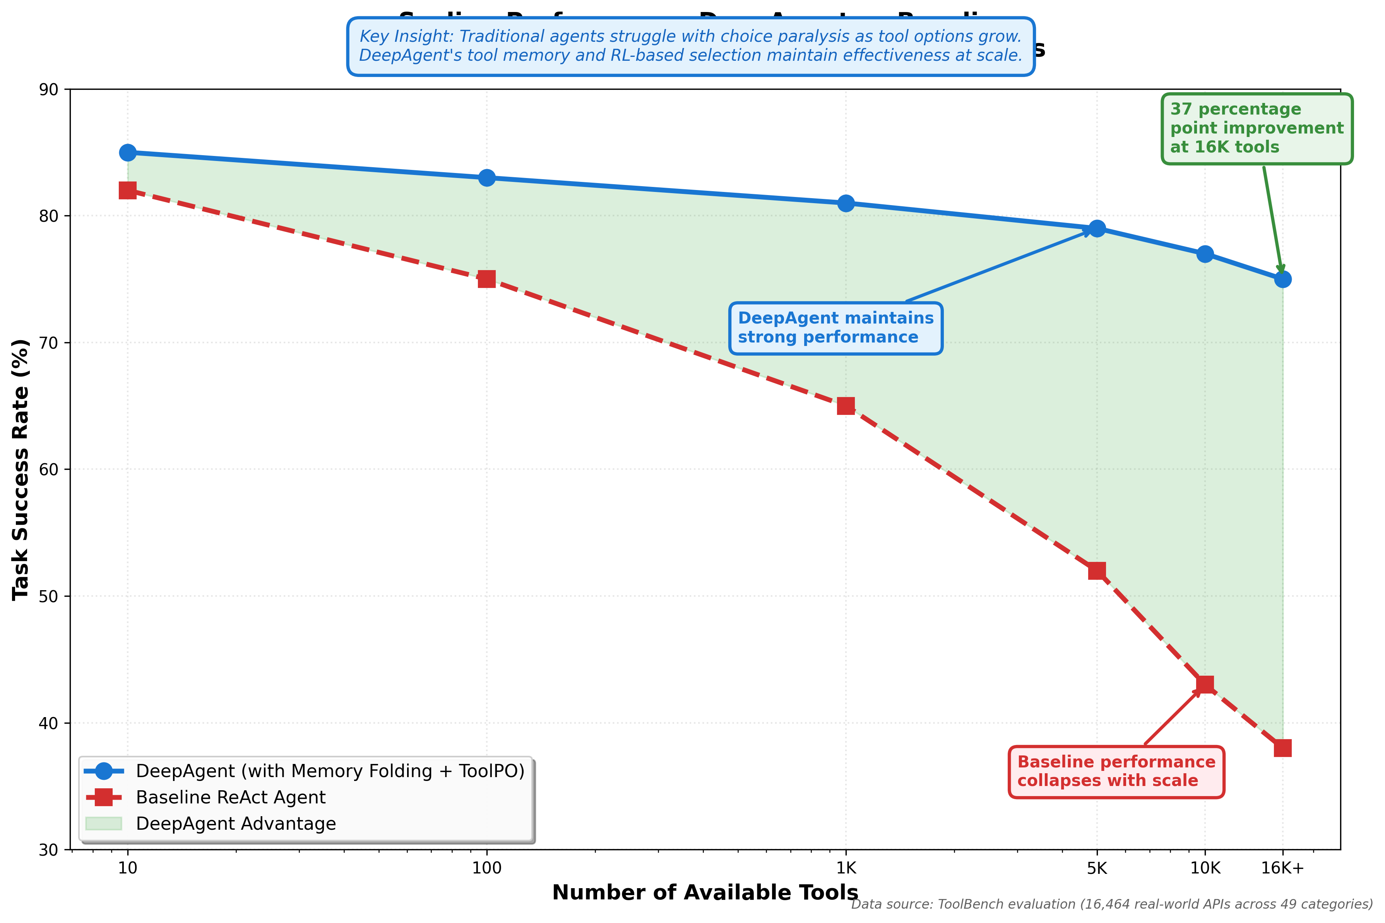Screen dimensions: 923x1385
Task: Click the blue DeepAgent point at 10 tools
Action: coord(128,152)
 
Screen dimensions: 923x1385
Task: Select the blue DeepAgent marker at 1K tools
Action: coord(846,203)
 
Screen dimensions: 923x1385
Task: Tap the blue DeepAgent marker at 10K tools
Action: coord(1205,254)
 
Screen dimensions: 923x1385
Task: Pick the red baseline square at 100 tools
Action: coord(486,279)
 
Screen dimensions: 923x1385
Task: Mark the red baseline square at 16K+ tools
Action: coord(1282,748)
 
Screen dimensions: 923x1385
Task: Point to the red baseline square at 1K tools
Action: coord(846,406)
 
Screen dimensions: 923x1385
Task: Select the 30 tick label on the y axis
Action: coord(48,850)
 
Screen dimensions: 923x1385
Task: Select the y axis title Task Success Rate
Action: coord(21,469)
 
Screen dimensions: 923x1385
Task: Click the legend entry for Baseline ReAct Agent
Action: coord(230,797)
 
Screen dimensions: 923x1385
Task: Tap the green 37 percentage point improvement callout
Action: coord(1256,128)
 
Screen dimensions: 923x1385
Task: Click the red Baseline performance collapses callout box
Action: coord(1116,771)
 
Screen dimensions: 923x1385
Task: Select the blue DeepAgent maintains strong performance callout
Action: coord(835,328)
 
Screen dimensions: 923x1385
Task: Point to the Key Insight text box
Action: coord(690,46)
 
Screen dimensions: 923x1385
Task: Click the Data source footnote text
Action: coord(1111,904)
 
